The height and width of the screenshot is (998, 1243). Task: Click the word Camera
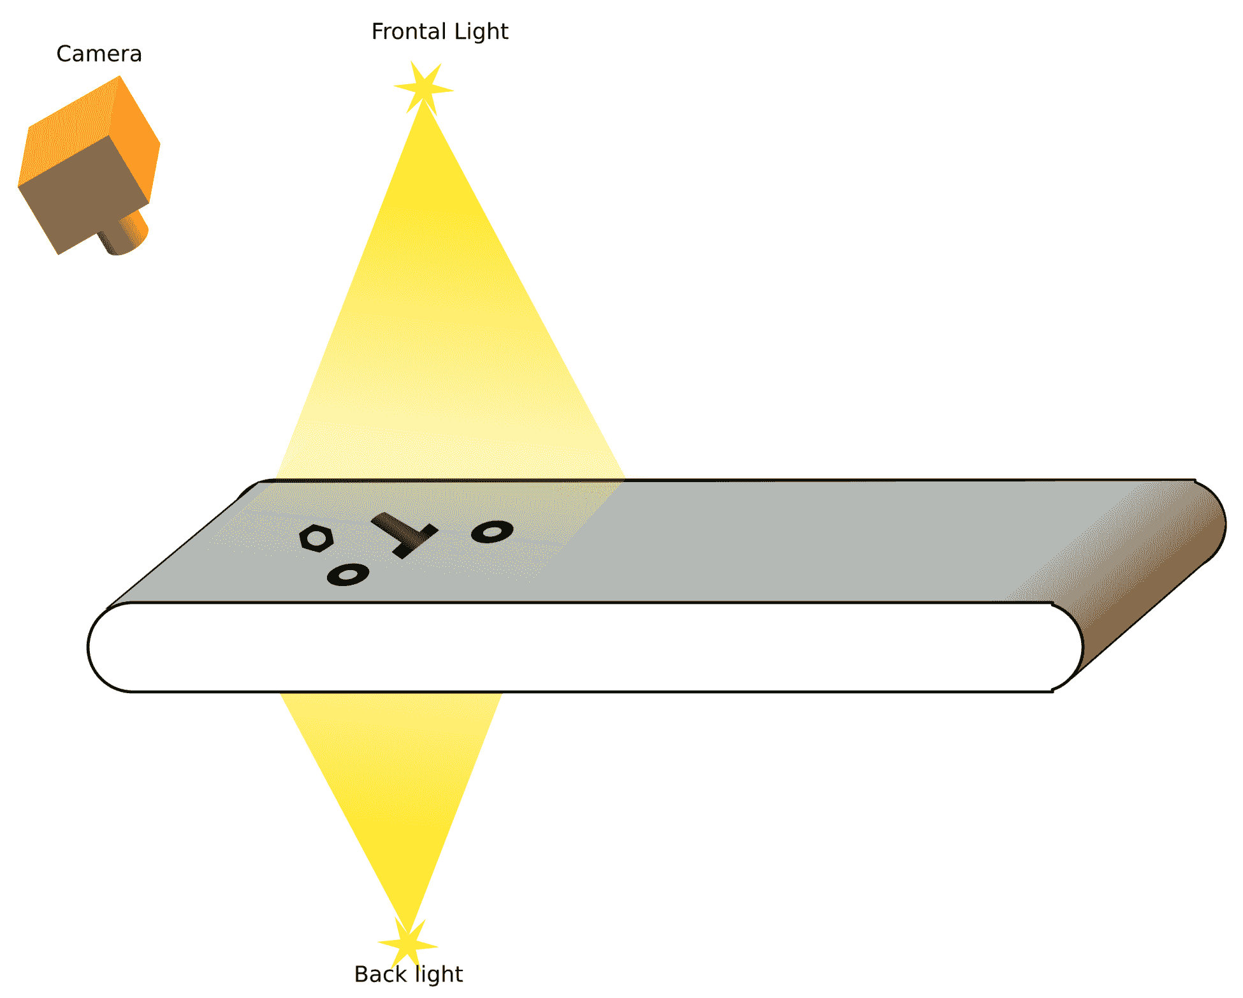(x=99, y=54)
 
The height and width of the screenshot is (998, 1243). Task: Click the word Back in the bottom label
(x=380, y=974)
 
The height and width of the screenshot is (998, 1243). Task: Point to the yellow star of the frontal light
(x=423, y=88)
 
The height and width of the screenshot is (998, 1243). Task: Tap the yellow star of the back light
(x=407, y=943)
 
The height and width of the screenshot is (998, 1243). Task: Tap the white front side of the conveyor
(x=574, y=647)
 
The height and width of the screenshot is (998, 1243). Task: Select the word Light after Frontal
(x=481, y=31)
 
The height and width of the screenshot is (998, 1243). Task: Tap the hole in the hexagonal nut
(x=316, y=539)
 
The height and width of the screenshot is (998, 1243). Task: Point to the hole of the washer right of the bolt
(x=493, y=531)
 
